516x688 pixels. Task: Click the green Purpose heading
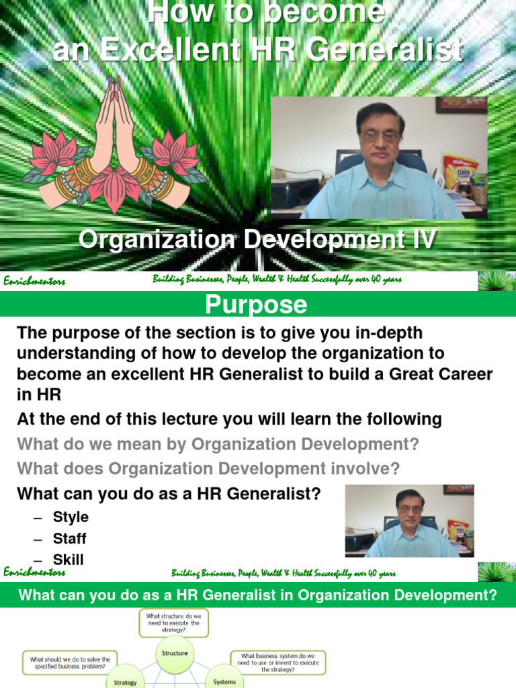click(256, 305)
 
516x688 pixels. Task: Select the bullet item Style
click(71, 517)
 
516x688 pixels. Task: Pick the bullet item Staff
click(70, 539)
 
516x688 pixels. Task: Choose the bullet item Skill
click(69, 560)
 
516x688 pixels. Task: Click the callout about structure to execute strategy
click(174, 623)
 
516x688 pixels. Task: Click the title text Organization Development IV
click(257, 240)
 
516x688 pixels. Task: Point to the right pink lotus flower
click(175, 153)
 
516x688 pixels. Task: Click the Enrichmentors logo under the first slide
click(34, 281)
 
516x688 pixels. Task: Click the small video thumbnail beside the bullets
click(409, 521)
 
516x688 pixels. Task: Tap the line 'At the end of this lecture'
click(229, 420)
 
